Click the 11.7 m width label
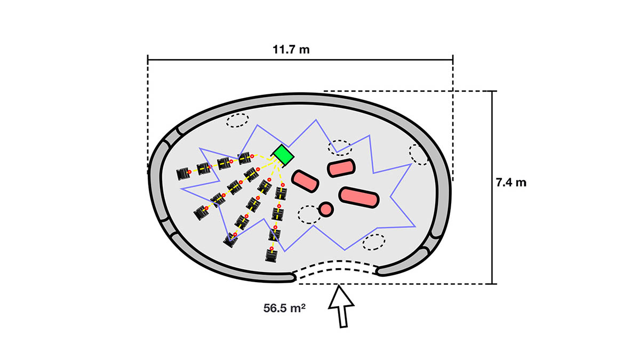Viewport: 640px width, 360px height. (291, 50)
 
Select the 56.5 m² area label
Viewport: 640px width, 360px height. (288, 308)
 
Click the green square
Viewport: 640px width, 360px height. (283, 155)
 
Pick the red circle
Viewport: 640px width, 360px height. (326, 209)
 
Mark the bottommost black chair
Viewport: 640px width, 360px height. (271, 257)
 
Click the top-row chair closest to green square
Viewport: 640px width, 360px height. (244, 158)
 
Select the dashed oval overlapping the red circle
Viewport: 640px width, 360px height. (309, 214)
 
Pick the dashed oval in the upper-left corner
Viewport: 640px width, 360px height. (237, 121)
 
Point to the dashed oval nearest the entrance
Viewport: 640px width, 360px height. (374, 242)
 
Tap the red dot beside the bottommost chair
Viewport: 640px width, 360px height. (271, 249)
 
